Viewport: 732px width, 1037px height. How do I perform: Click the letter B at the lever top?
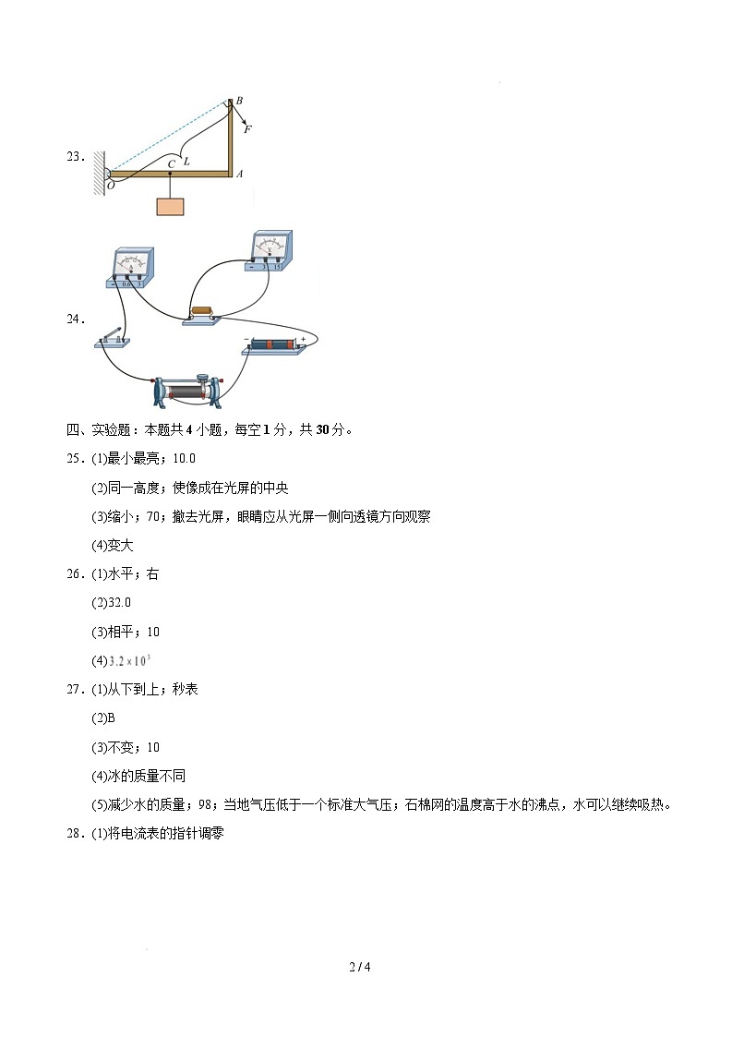239,100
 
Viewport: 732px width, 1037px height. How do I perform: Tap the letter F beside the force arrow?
247,129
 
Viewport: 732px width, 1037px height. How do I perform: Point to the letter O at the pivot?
111,185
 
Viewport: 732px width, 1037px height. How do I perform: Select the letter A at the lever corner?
239,174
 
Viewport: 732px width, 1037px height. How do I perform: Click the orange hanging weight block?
170,206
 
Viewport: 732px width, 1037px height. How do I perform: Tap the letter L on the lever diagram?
186,161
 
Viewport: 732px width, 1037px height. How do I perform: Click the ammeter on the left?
131,268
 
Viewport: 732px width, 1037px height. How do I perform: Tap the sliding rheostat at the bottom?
187,391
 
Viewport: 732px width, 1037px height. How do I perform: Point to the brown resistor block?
201,312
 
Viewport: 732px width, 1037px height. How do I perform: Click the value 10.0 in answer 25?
185,458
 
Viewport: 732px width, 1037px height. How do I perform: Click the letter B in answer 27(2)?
109,717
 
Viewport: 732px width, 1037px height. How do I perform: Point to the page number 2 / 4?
360,967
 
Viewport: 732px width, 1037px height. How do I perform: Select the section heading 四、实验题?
101,429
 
